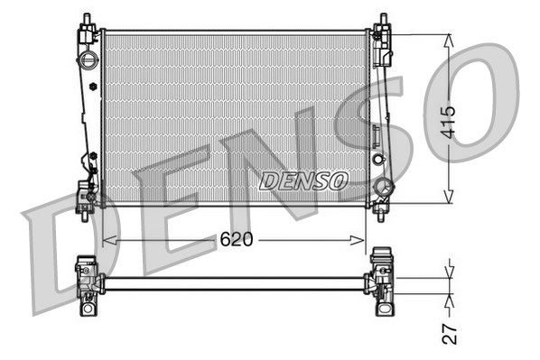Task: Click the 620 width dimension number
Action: pos(236,240)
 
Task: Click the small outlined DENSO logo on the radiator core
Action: pos(303,180)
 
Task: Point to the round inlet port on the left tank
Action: pos(88,60)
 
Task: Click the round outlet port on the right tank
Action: pos(383,188)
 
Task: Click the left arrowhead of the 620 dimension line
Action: pos(107,240)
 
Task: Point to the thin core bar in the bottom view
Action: pos(235,283)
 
